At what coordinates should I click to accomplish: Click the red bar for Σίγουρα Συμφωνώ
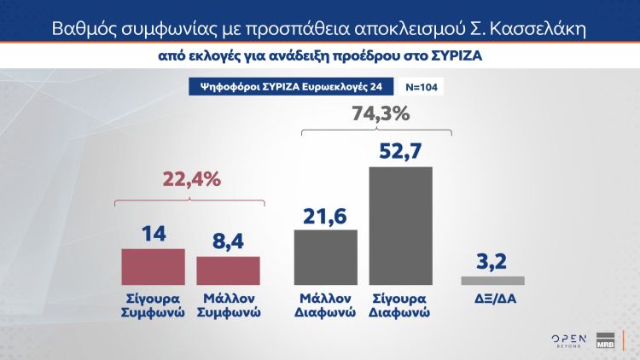[x=154, y=265]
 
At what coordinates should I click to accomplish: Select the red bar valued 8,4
[x=228, y=270]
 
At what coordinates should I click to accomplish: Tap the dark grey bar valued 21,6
[x=326, y=256]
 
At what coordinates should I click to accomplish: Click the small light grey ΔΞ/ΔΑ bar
[x=492, y=281]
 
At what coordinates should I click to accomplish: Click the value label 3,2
[x=492, y=260]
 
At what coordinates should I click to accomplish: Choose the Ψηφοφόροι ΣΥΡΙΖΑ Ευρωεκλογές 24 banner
[x=285, y=87]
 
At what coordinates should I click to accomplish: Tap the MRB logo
[x=606, y=339]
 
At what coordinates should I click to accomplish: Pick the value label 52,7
[x=400, y=151]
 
